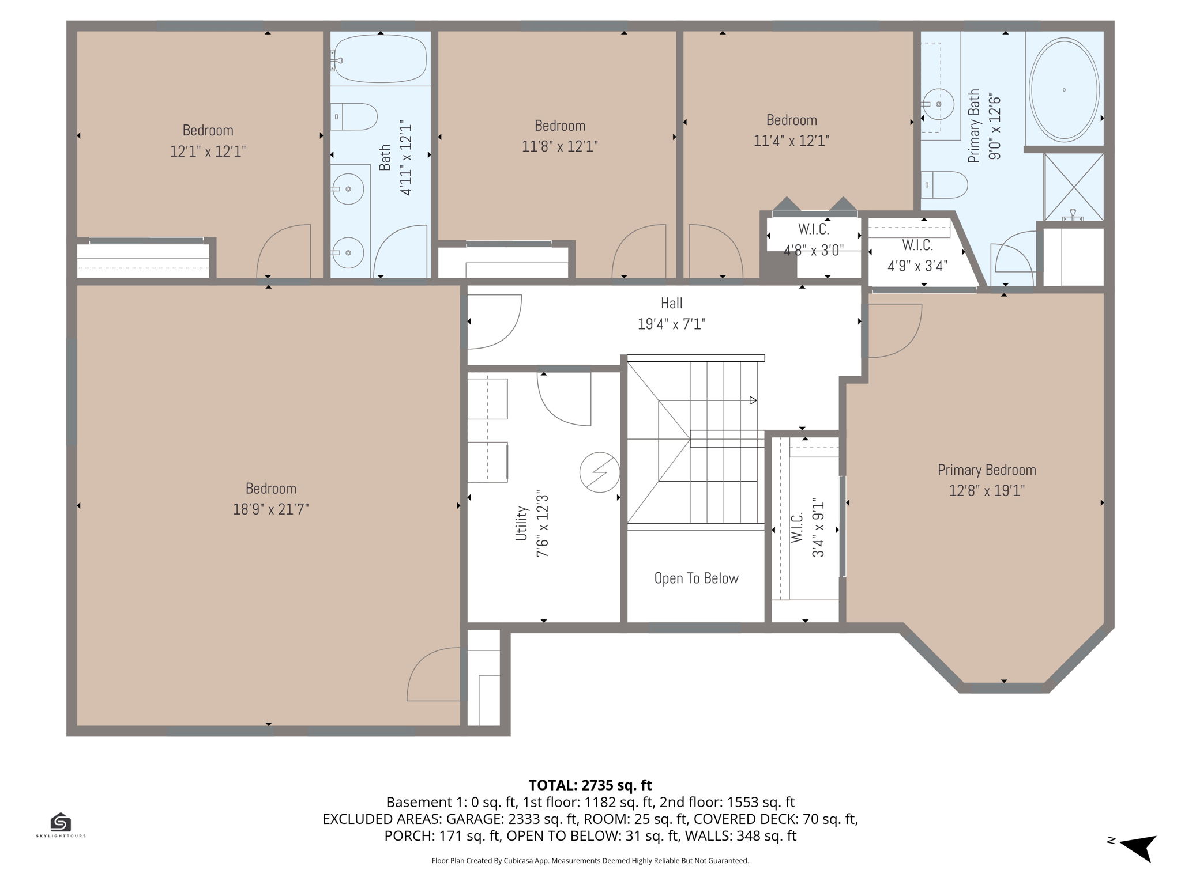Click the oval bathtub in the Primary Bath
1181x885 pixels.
click(x=1064, y=90)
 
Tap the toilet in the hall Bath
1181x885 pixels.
click(x=353, y=117)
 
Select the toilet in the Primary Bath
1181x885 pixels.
click(x=944, y=185)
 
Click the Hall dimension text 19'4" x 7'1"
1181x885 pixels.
click(x=671, y=324)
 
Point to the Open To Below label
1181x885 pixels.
click(x=696, y=578)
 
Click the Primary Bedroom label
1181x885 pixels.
click(x=987, y=470)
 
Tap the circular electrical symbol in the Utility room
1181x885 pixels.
click(x=600, y=472)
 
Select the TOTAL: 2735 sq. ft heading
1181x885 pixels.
click(x=590, y=785)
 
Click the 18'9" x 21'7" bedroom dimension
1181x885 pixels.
click(x=270, y=509)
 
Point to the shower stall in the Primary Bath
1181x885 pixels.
click(x=1074, y=187)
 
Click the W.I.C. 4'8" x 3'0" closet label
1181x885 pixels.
click(x=814, y=240)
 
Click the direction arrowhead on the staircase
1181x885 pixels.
click(x=753, y=400)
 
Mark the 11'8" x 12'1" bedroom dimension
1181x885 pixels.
click(x=559, y=146)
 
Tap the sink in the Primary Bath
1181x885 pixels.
click(x=939, y=104)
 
